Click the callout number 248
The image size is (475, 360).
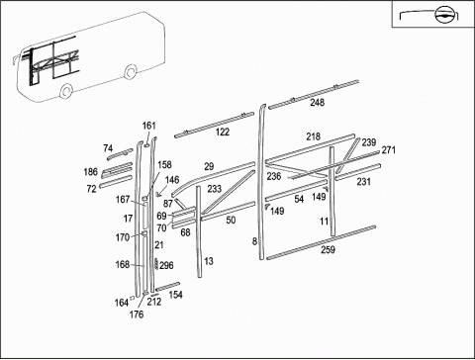[x=317, y=103]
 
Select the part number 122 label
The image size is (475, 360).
[x=223, y=132]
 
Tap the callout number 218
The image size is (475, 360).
[x=313, y=136]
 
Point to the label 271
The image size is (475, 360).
[x=388, y=150]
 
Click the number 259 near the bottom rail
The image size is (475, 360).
[x=328, y=249]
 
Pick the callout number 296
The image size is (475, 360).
[x=166, y=265]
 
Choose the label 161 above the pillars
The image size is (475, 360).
[x=148, y=126]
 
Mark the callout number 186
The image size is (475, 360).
[x=91, y=172]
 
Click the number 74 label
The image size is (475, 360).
[x=108, y=148]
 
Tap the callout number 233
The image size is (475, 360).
[x=215, y=189]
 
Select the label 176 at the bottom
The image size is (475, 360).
[x=137, y=315]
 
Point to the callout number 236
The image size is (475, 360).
[x=274, y=176]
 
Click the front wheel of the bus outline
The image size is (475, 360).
[x=66, y=90]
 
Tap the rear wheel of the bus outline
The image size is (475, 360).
[x=131, y=71]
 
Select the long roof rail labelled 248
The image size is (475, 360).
[x=314, y=94]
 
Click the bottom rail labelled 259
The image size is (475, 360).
[x=321, y=242]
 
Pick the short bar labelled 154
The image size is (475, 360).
[x=168, y=287]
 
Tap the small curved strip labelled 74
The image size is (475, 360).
[x=120, y=154]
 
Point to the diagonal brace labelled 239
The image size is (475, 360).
[x=347, y=155]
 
